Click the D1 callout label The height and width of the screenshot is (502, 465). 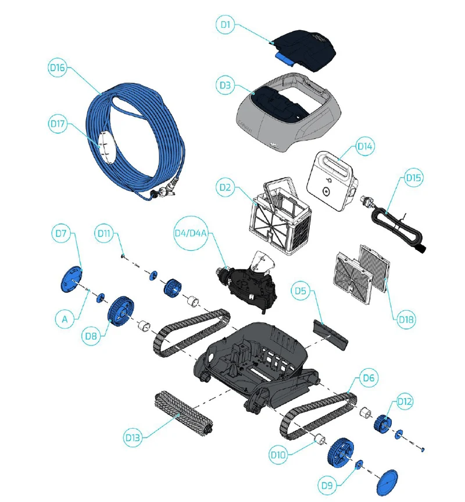(226, 24)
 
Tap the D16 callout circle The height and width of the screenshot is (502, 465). (58, 67)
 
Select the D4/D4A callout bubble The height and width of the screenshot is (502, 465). (191, 233)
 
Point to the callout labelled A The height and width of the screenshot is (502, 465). (65, 319)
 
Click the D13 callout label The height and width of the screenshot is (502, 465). (133, 437)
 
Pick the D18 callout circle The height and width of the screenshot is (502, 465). (406, 319)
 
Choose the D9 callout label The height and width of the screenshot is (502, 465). (327, 485)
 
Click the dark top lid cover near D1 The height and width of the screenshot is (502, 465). (303, 49)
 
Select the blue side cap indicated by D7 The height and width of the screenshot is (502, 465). (71, 279)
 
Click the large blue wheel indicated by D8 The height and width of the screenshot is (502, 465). (121, 313)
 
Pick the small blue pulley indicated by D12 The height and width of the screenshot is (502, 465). (382, 423)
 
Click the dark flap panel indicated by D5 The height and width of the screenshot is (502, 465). (329, 335)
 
